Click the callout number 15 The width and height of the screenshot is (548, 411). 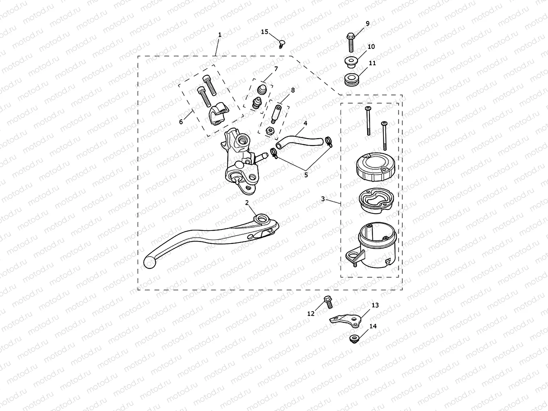pos(265,32)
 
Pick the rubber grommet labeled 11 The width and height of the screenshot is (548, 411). pos(351,79)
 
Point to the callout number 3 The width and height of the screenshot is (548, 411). pos(323,199)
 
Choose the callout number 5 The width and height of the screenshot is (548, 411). pos(306,175)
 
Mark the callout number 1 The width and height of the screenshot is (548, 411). pos(220,35)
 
